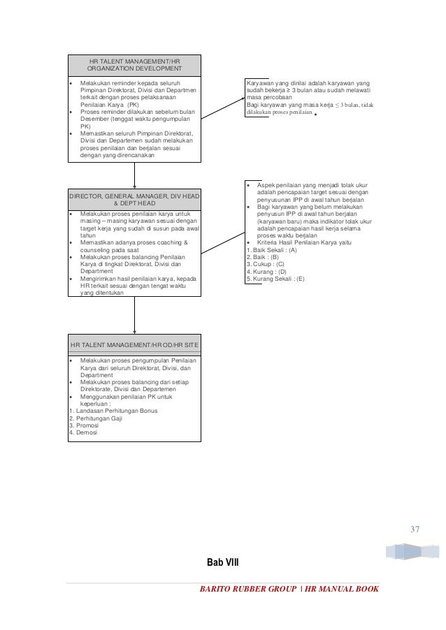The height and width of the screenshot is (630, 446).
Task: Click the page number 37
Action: pyautogui.click(x=415, y=529)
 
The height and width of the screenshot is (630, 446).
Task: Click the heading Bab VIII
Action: pyautogui.click(x=222, y=562)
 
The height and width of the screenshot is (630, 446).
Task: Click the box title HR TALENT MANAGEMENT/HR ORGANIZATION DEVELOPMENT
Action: pyautogui.click(x=134, y=66)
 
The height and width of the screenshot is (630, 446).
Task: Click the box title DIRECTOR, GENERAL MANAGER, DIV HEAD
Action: pyautogui.click(x=134, y=200)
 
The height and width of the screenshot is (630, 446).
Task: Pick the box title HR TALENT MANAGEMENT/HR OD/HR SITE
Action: pyautogui.click(x=134, y=345)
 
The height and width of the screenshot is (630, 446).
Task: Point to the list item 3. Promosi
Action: pyautogui.click(x=84, y=425)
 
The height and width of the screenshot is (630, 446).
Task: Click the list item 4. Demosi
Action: pyautogui.click(x=84, y=432)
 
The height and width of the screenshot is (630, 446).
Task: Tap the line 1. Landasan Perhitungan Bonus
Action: pyautogui.click(x=113, y=411)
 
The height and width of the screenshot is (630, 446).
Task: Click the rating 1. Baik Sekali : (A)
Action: pyautogui.click(x=272, y=249)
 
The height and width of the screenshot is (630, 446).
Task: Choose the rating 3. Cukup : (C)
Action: pyautogui.click(x=266, y=264)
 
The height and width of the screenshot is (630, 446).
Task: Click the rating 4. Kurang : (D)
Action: pyautogui.click(x=266, y=272)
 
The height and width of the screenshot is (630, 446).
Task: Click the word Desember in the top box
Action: pyautogui.click(x=97, y=119)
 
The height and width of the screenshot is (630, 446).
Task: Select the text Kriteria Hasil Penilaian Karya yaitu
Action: pyautogui.click(x=304, y=242)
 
